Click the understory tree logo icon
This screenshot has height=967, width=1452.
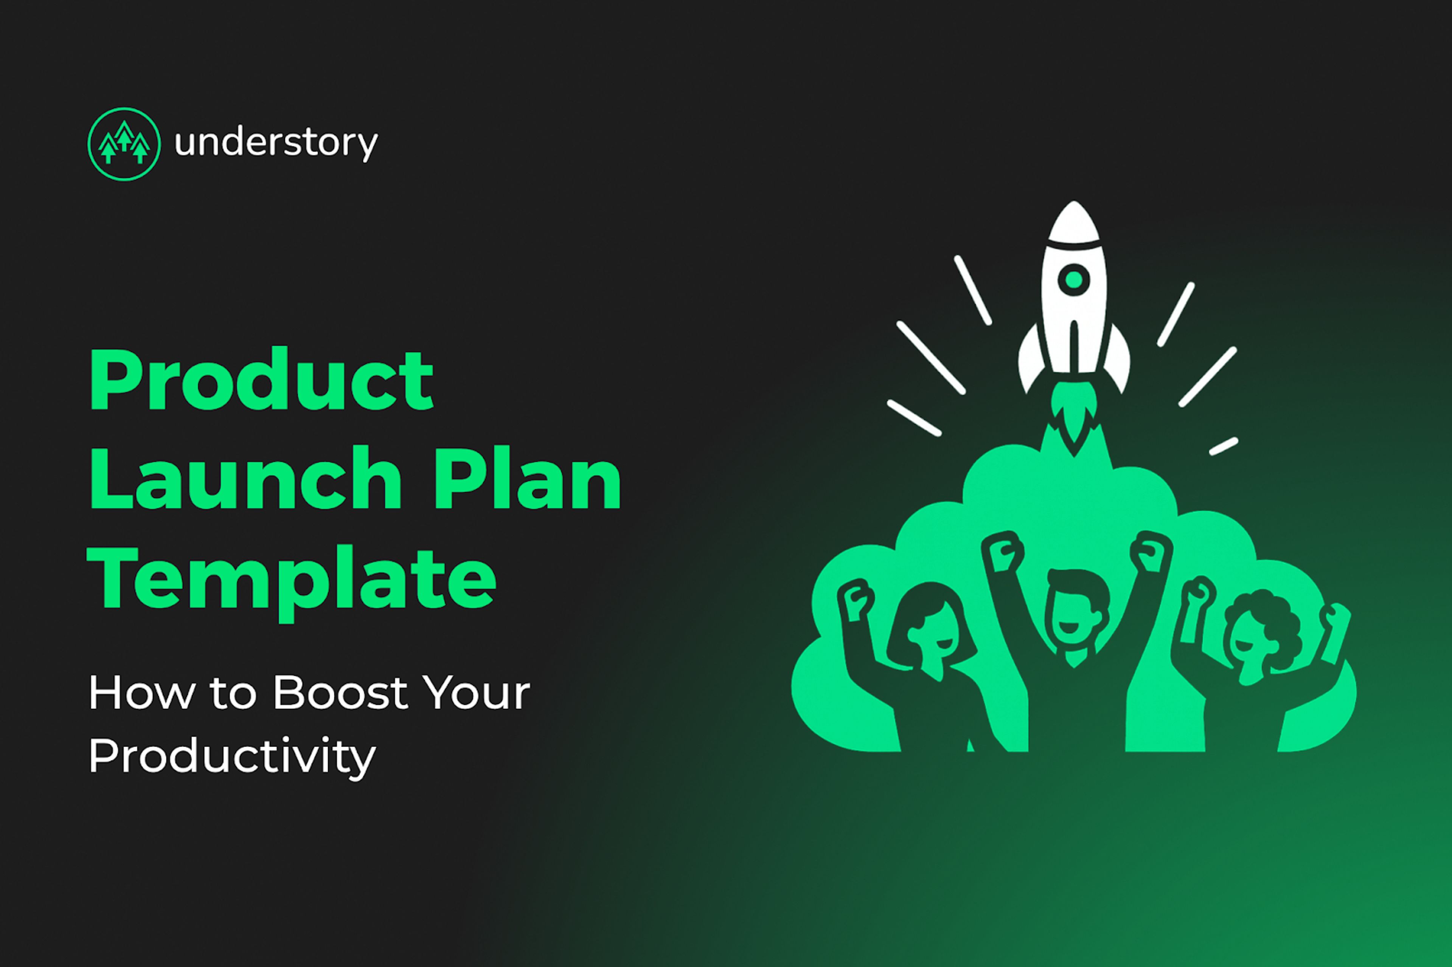tap(124, 144)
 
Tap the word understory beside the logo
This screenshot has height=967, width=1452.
tap(276, 143)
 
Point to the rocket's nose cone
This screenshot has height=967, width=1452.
tap(1074, 222)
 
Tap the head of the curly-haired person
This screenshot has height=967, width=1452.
tap(1259, 635)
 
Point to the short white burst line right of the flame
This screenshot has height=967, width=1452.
tap(1223, 446)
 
